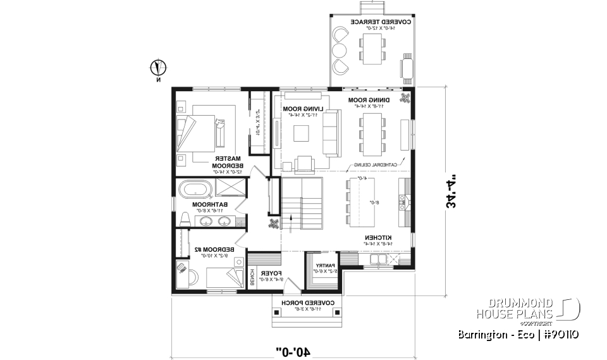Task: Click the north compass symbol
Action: point(158,67)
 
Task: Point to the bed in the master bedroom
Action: point(201,129)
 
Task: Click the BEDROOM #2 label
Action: point(214,252)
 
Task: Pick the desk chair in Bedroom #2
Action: point(183,268)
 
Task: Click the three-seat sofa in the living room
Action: point(330,131)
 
